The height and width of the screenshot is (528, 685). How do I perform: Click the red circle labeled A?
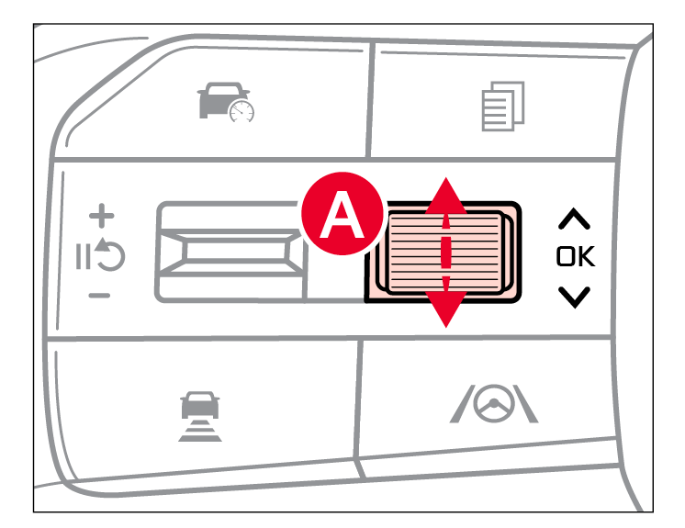(342, 214)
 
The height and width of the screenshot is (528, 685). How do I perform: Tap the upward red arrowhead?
(445, 197)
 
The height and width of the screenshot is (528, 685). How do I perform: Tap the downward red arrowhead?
(445, 309)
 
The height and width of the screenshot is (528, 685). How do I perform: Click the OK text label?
(576, 256)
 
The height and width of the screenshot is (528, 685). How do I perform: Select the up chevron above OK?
(574, 219)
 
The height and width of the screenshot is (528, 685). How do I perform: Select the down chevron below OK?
(574, 298)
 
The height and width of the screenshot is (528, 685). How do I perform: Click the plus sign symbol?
(101, 216)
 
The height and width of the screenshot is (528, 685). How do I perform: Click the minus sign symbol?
(99, 296)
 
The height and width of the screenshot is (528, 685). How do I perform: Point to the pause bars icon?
(83, 257)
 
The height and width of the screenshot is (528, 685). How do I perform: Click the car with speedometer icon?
(225, 102)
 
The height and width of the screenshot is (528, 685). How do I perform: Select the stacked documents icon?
(503, 107)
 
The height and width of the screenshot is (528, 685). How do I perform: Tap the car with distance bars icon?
(200, 416)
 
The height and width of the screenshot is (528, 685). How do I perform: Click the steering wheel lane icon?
(494, 403)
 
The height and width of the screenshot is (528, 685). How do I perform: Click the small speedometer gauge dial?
(241, 111)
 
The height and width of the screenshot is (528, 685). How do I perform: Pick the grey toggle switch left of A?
(231, 252)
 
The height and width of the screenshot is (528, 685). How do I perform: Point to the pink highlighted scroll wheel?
(444, 253)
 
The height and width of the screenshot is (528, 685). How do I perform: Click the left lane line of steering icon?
(462, 404)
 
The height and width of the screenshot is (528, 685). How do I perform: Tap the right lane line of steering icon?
(525, 404)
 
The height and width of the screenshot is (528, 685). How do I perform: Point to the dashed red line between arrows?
(445, 253)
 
